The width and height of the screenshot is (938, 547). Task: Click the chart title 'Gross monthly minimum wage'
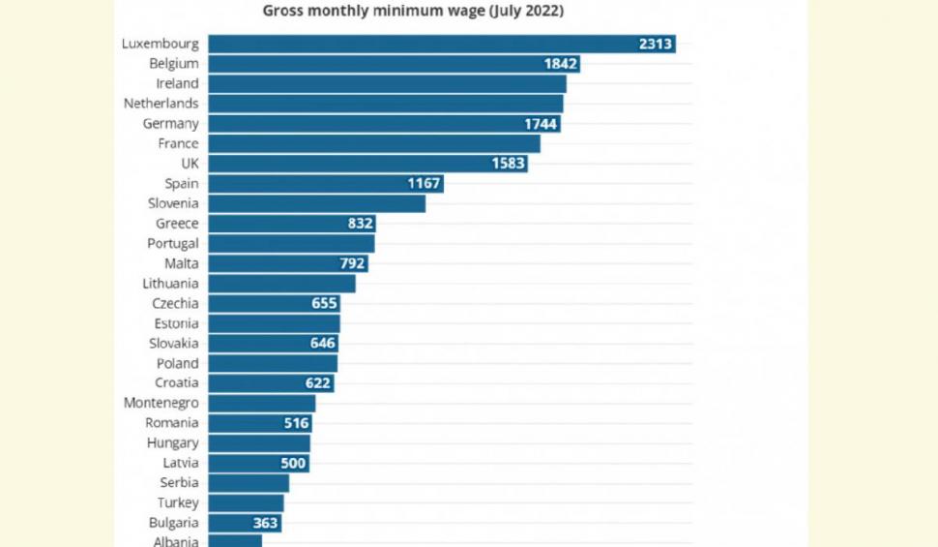pos(413,12)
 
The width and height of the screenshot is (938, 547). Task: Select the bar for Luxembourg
pos(441,44)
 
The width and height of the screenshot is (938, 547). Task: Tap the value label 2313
pos(657,44)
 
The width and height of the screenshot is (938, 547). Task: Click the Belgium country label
pos(174,64)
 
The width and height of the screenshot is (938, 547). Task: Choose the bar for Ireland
pos(387,83)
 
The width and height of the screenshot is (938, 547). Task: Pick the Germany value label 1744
pos(541,124)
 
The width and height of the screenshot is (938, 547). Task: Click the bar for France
pos(374,143)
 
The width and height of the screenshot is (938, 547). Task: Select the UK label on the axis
pos(190,164)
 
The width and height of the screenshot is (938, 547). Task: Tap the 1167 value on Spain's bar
pos(424,183)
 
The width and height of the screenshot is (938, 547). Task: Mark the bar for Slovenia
pos(317,203)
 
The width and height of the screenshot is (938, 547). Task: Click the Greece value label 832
pos(361,224)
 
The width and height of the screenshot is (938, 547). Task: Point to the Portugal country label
pos(173,243)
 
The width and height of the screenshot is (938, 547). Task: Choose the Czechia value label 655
pos(324,303)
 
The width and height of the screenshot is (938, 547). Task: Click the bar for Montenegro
pos(262,403)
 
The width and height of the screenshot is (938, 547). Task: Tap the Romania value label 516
pos(296,423)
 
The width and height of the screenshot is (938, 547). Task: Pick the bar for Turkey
pos(247,502)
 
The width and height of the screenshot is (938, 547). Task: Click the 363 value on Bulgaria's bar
pos(266,523)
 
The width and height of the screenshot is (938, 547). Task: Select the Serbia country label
pos(179,482)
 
